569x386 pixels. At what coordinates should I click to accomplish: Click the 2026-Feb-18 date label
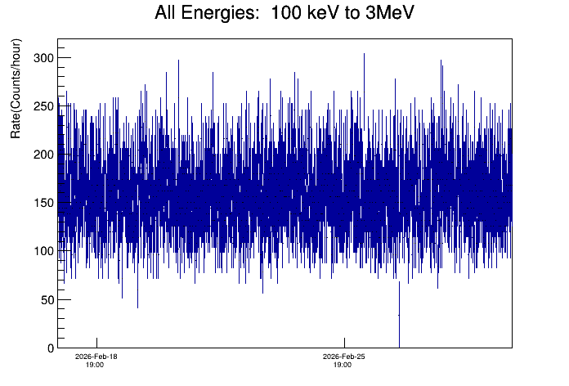(x=96, y=357)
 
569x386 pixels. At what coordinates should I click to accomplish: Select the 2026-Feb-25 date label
(x=344, y=357)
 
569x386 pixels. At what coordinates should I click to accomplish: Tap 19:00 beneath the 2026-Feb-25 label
(x=343, y=365)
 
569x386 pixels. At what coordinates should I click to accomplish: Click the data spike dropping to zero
(x=399, y=327)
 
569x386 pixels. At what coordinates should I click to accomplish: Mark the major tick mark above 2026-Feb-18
(x=96, y=342)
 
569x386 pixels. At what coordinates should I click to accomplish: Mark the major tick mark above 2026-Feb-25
(x=344, y=342)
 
